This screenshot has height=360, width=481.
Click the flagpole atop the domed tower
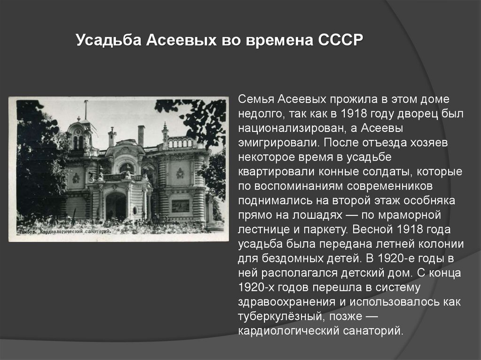(86, 109)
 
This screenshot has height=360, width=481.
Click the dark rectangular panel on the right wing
(180, 206)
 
